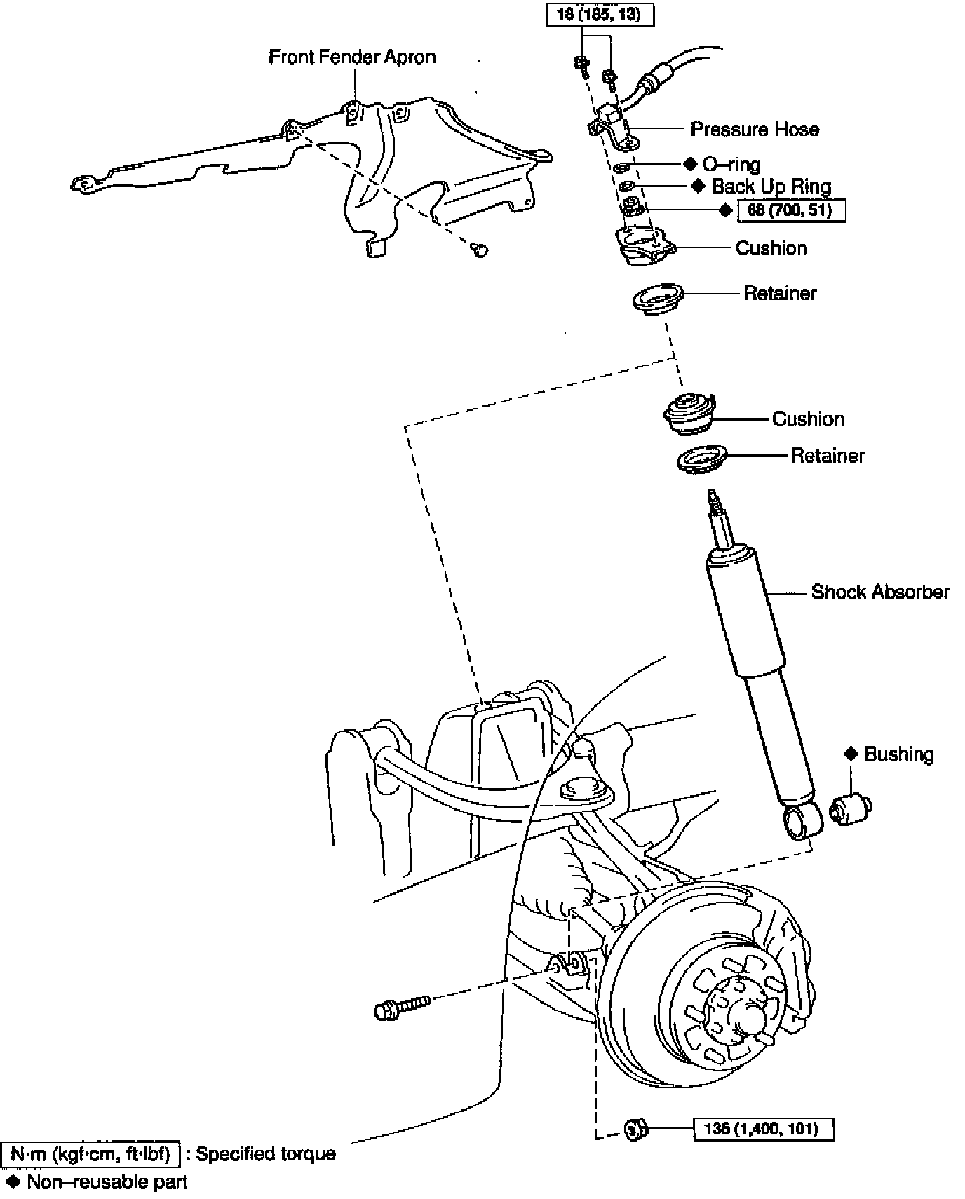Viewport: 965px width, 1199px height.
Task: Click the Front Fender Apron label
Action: coord(352,57)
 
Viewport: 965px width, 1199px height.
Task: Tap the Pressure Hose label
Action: coord(755,129)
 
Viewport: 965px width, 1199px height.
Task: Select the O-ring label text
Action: coord(731,165)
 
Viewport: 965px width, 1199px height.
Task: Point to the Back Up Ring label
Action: coord(771,187)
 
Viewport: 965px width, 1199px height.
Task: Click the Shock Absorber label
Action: coord(880,592)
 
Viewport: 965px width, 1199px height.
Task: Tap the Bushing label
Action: coord(898,754)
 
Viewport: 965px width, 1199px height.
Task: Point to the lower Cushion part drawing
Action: coord(689,415)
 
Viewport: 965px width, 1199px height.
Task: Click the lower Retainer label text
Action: coord(828,456)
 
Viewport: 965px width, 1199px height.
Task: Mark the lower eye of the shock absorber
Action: coord(801,821)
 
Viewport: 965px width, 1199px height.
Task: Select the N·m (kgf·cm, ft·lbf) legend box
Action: coord(91,1153)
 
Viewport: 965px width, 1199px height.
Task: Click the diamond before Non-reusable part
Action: coord(12,1182)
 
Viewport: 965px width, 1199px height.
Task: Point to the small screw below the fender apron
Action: coord(480,249)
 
